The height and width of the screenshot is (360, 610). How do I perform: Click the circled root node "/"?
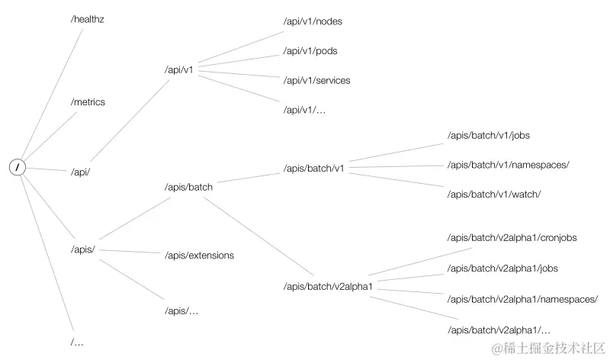pos(18,167)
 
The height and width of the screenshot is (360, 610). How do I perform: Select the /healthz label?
pos(87,19)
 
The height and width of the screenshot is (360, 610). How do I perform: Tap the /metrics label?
pos(88,101)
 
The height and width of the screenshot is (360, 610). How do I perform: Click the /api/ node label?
pos(80,172)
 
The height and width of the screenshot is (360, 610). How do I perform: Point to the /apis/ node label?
pos(82,249)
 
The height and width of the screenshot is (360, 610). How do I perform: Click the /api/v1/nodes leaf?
pos(313,21)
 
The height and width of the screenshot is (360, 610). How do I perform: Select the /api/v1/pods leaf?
pos(310,50)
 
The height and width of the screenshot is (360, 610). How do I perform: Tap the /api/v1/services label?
pos(316,80)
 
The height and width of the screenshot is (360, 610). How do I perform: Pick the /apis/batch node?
pos(188,186)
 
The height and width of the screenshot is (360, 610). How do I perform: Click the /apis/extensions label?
pos(199,255)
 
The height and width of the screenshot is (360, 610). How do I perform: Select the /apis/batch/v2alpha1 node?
pos(326,286)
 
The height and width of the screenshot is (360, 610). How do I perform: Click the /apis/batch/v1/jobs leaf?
pos(488,135)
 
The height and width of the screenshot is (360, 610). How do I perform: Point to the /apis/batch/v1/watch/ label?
pos(493,194)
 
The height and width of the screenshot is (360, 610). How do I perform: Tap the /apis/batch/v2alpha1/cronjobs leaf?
pos(512,238)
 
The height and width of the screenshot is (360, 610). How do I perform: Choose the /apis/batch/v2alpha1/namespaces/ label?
pos(522,299)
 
